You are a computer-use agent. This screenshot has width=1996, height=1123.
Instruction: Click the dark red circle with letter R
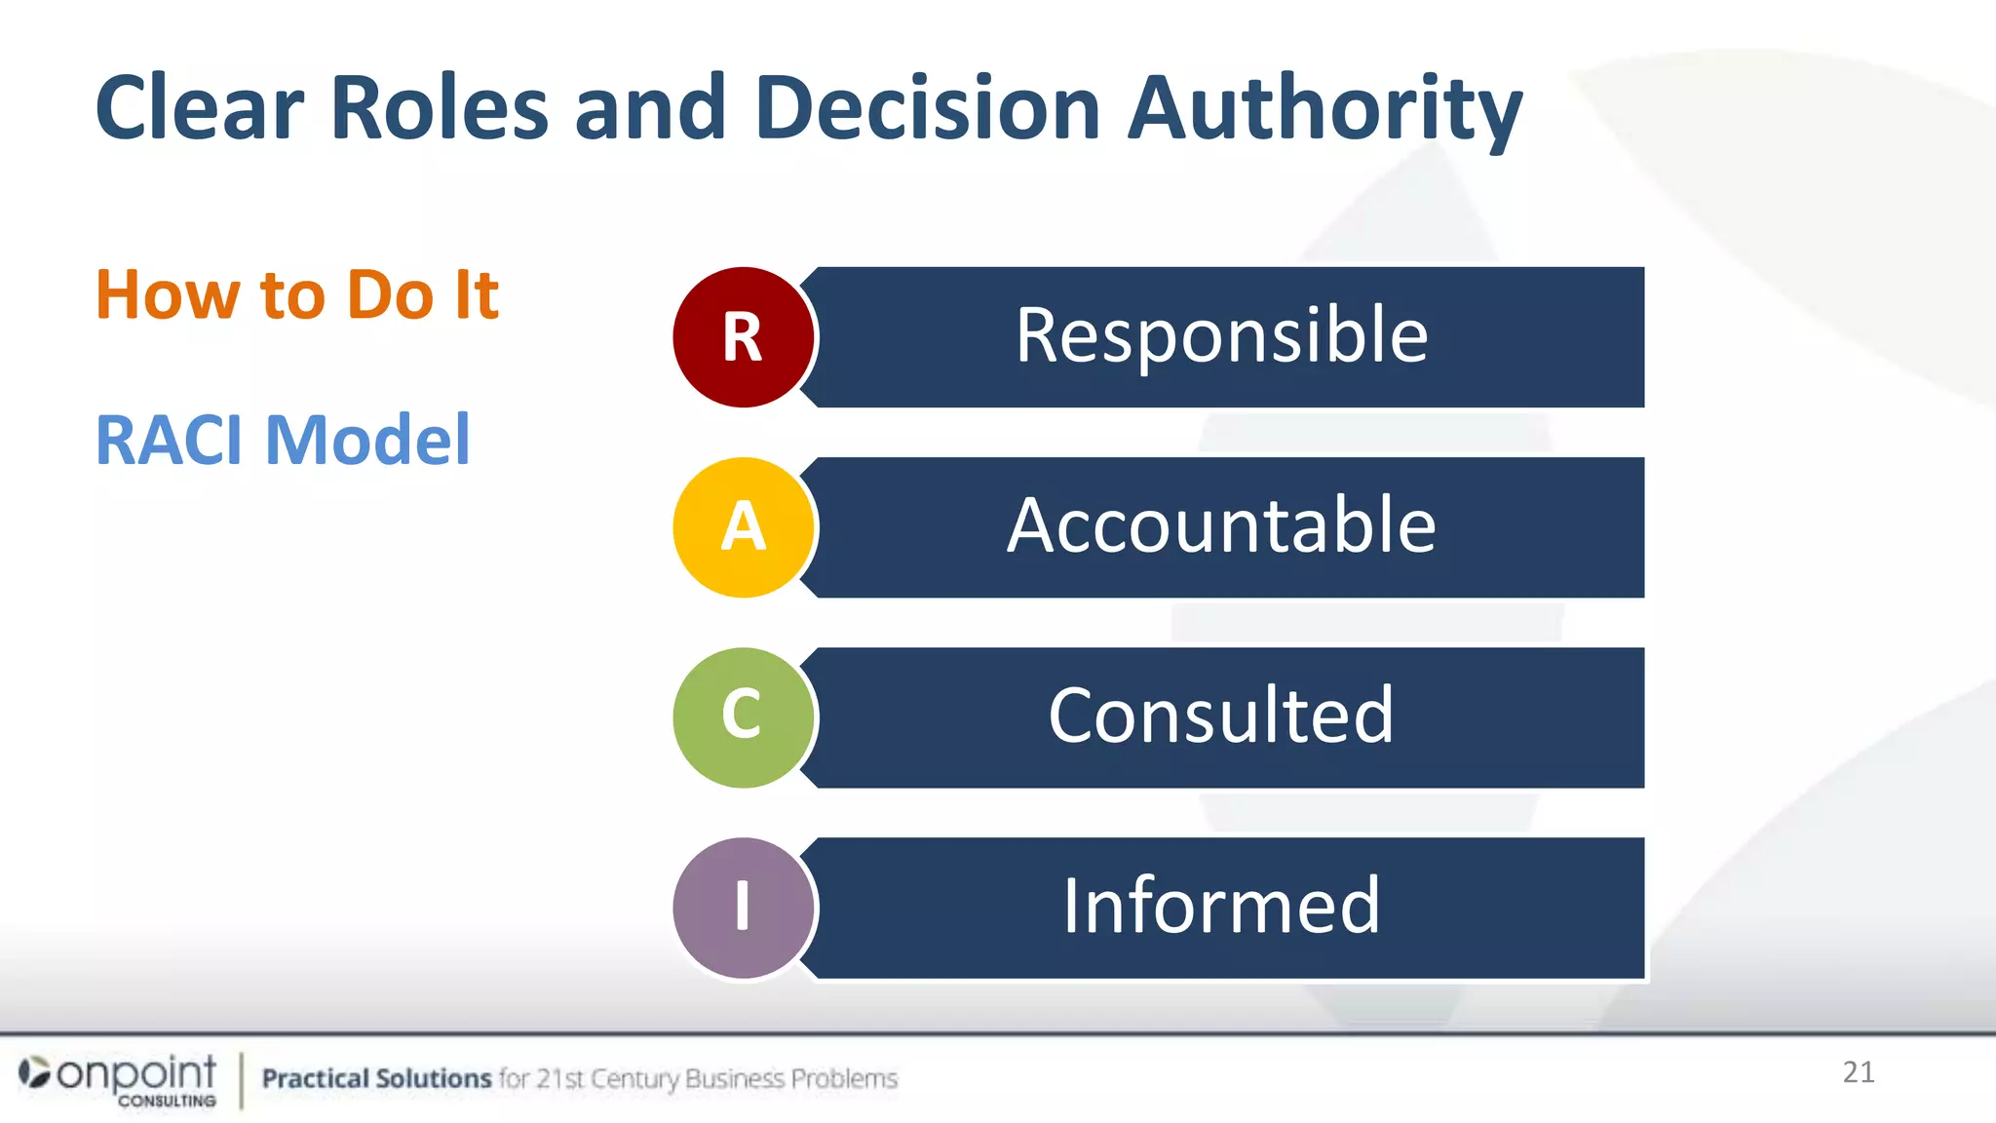[743, 337]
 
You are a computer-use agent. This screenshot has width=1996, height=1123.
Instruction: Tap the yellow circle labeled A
[743, 527]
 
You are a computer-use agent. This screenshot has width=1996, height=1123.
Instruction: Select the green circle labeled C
[743, 717]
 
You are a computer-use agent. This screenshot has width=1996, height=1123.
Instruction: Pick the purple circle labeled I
[743, 908]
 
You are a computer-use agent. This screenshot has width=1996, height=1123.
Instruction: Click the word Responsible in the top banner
[1221, 336]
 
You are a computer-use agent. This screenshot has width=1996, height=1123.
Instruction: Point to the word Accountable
[1221, 526]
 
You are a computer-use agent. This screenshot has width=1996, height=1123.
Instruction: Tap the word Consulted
[1221, 716]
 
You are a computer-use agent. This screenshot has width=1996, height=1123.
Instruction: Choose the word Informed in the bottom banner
[1221, 907]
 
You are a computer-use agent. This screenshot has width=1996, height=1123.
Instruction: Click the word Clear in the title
[200, 108]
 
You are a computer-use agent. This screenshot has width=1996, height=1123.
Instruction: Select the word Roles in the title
[439, 108]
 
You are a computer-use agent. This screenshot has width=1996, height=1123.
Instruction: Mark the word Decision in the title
[927, 108]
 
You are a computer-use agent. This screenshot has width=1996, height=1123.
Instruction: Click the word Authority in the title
[1324, 108]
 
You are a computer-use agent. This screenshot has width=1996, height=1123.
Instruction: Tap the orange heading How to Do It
[297, 294]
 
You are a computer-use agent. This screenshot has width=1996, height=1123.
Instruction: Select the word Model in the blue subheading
[367, 441]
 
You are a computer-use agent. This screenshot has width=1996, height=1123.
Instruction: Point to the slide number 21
[1859, 1072]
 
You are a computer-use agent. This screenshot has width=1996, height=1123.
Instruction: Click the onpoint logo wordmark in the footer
[134, 1073]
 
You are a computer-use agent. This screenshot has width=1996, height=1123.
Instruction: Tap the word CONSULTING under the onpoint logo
[167, 1101]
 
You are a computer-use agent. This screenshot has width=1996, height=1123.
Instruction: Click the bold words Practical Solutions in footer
[376, 1078]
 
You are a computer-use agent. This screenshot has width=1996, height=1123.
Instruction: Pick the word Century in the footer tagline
[634, 1079]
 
